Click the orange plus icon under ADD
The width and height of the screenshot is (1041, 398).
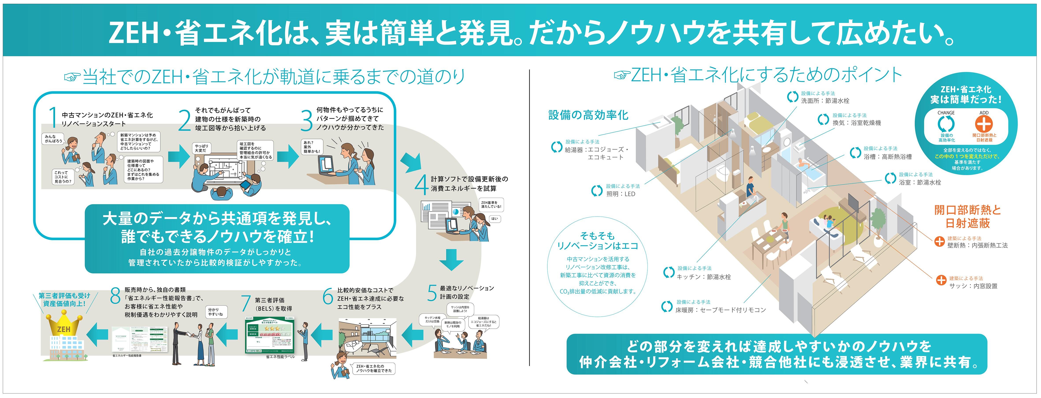pos(984,124)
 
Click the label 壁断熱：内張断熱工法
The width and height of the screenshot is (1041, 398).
pos(977,245)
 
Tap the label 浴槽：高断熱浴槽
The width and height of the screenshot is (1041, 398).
pos(887,157)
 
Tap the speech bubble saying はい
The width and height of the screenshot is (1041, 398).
pos(495,219)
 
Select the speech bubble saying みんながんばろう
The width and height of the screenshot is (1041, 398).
pos(53,139)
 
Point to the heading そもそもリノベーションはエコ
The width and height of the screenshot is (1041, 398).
pos(597,241)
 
